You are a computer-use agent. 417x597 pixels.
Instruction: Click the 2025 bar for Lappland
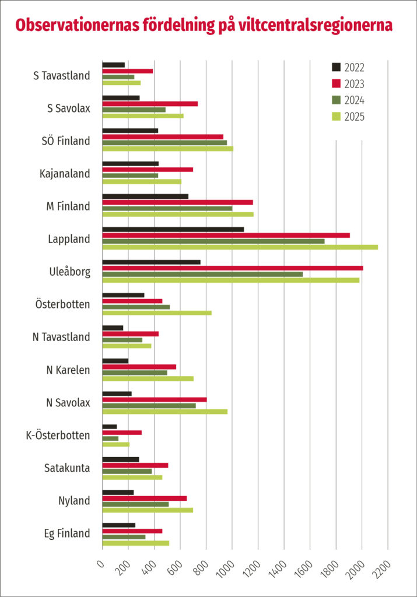point(240,247)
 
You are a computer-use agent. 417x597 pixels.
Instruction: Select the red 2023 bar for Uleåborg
point(232,268)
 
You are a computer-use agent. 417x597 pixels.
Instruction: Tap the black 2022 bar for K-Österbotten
point(110,427)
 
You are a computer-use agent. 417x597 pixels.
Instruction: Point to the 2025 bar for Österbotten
point(157,313)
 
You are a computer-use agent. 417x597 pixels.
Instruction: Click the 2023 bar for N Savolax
point(155,399)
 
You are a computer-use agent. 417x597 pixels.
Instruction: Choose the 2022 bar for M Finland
point(145,196)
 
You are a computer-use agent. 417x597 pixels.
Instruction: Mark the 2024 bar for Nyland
point(135,504)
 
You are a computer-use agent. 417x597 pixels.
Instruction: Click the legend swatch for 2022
point(337,67)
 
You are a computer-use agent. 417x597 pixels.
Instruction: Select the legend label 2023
point(355,83)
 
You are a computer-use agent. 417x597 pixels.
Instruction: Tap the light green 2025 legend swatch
point(337,117)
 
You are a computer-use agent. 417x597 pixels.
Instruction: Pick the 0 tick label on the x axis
point(100,562)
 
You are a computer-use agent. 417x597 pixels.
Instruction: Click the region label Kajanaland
point(65,174)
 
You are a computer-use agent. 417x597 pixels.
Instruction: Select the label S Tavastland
point(62,75)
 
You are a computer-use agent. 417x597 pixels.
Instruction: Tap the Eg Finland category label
point(67,533)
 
